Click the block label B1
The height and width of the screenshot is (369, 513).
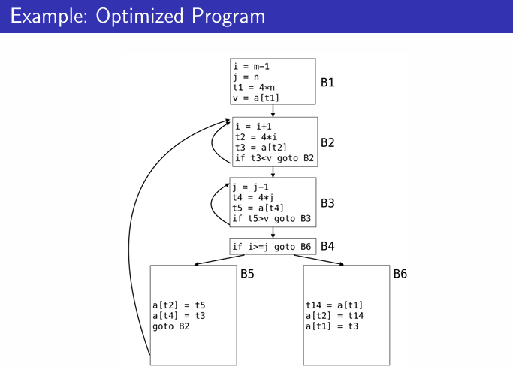[327, 82]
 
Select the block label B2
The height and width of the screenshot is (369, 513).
[327, 142]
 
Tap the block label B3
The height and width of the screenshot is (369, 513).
[327, 202]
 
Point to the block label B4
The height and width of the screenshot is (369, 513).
[327, 245]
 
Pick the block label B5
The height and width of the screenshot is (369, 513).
[247, 274]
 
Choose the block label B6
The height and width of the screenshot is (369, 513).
[400, 274]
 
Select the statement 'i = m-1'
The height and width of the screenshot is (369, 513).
[251, 66]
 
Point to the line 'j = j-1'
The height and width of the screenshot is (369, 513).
[251, 187]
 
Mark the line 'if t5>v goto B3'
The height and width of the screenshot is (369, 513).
[272, 219]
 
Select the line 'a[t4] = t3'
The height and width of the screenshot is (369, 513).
[179, 316]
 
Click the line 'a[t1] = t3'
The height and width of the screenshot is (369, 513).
[332, 326]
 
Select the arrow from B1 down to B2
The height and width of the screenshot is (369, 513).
[273, 110]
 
